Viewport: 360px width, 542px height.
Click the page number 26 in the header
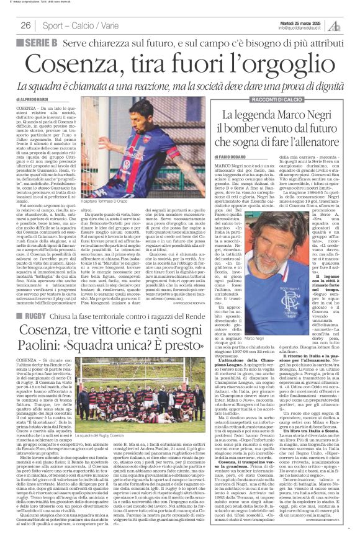click(x=26, y=25)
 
